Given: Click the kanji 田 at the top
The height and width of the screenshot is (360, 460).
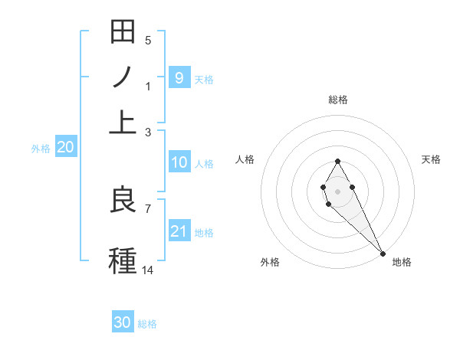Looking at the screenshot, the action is pos(123,33).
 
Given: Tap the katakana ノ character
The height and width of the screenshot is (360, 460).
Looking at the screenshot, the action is pos(123,78).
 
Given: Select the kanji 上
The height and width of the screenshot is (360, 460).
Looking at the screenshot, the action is pos(123,121).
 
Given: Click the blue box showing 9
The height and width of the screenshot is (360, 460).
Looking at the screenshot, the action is pos(179,77).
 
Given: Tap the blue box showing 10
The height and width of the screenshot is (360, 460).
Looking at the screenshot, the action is pos(179,162).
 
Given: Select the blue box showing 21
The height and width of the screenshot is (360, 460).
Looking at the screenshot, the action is pos(179,231).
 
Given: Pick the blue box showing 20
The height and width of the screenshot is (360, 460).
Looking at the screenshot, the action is pos(65,148).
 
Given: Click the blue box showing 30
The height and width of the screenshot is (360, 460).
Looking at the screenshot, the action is pos(123,322).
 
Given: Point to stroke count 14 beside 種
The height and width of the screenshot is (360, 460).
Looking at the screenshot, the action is pos(148,270).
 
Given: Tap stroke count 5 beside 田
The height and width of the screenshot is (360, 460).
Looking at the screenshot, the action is pos(148,41).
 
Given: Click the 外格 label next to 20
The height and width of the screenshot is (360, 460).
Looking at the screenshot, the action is pos(41,149).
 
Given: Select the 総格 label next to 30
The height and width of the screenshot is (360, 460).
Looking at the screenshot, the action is pos(147,324).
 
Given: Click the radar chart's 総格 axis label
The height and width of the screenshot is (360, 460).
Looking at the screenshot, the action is pos(337,100).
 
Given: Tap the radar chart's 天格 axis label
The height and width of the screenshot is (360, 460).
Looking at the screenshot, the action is pos(431,159).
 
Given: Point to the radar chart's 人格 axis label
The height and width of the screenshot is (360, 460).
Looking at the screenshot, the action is pos(245,159).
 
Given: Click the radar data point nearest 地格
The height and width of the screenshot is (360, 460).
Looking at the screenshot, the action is pos(383,253).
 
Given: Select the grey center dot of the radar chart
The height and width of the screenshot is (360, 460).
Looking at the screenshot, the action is pos(337,190).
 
